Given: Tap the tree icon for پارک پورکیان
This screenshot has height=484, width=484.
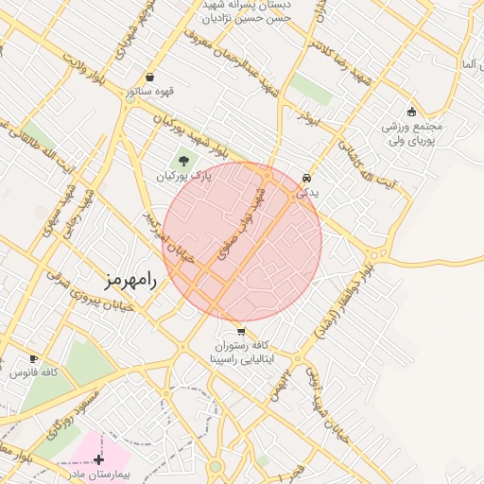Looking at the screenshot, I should click(182, 161).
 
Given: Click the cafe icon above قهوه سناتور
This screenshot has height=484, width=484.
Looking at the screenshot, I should click(150, 78).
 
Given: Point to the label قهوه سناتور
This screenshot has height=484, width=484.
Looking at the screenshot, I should click(150, 92).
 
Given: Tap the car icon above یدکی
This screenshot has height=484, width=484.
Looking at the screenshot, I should click(306, 178).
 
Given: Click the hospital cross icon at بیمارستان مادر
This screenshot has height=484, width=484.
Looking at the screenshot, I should click(98, 458).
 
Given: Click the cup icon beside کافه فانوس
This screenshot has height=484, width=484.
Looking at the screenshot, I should click(34, 358).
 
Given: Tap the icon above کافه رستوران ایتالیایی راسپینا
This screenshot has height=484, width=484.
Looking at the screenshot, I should click(241, 332).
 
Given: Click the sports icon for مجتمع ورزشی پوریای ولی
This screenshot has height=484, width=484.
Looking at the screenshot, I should click(411, 112).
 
